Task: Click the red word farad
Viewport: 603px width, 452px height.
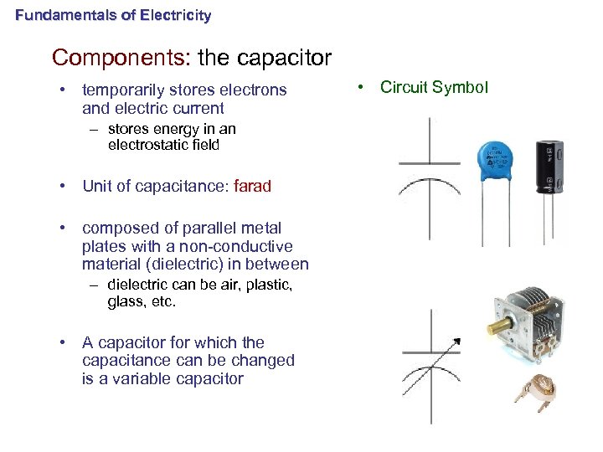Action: click(x=252, y=186)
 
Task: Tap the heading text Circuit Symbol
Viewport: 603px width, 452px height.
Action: click(x=434, y=87)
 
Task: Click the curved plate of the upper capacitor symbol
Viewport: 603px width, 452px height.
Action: click(x=429, y=187)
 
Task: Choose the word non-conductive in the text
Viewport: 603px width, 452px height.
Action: click(x=242, y=246)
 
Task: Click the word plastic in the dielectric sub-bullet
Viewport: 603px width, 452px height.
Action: click(x=265, y=285)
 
